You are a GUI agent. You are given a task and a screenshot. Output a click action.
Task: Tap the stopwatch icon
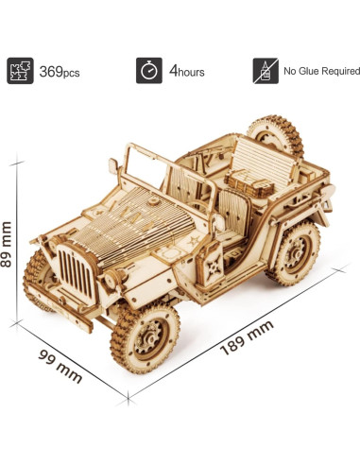pyautogui.click(x=147, y=70)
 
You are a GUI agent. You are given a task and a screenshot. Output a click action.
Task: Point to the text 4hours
pyautogui.click(x=186, y=71)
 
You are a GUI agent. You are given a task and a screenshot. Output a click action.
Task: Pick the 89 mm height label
pyautogui.click(x=9, y=245)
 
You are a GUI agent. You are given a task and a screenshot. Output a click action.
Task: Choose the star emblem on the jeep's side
pyautogui.click(x=199, y=245)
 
